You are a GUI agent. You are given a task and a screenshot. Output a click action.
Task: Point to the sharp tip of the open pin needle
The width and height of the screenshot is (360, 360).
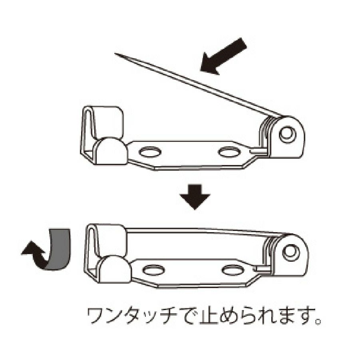115,54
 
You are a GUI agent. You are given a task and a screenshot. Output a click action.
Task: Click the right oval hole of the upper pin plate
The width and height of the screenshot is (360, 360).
228,152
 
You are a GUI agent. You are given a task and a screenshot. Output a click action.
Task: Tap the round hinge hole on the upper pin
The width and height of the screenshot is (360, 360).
287,134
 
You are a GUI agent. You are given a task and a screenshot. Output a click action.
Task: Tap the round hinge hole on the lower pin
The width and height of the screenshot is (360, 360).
291,251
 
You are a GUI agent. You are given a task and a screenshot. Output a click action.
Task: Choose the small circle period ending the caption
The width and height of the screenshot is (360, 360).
318,321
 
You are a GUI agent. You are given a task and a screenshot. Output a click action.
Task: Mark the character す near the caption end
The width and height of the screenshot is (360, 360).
303,317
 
